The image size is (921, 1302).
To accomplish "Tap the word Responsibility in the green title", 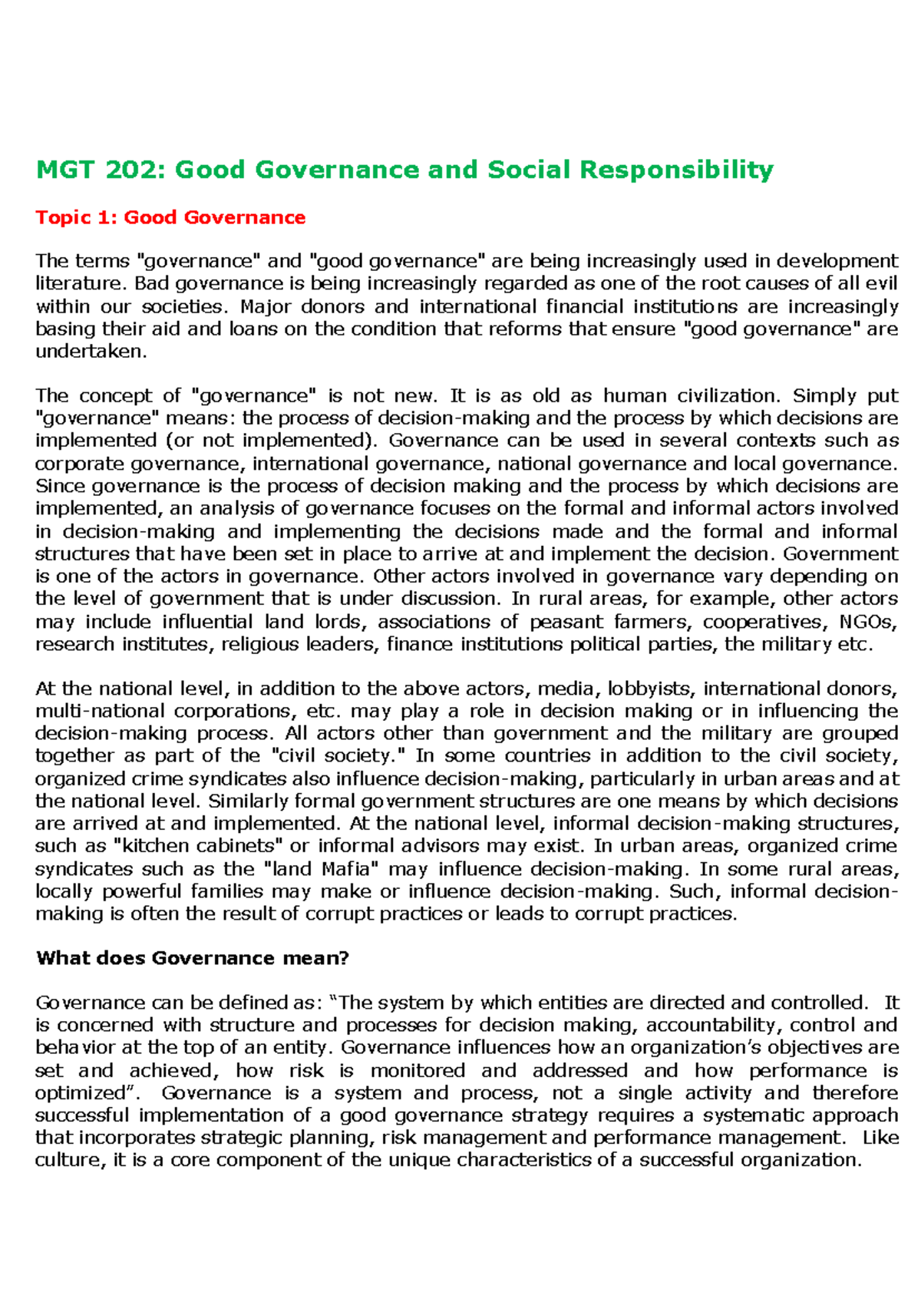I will tap(676, 170).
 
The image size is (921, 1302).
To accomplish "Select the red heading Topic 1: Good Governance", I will tap(170, 218).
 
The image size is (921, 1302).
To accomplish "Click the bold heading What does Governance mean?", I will tap(193, 958).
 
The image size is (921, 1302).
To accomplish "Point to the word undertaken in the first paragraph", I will tap(89, 352).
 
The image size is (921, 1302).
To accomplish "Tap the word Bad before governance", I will tap(153, 284).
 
